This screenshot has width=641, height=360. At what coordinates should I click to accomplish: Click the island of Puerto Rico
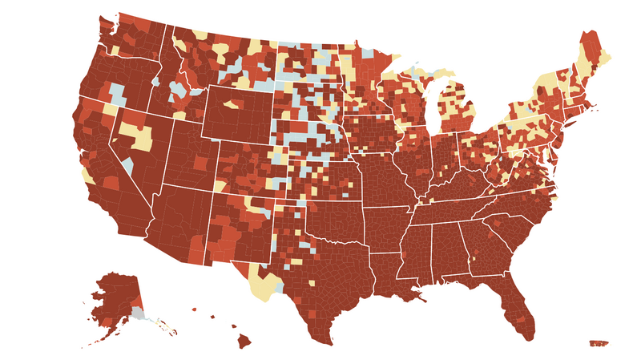click(x=599, y=343)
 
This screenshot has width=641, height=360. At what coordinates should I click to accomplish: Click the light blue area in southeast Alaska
click(x=139, y=313)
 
